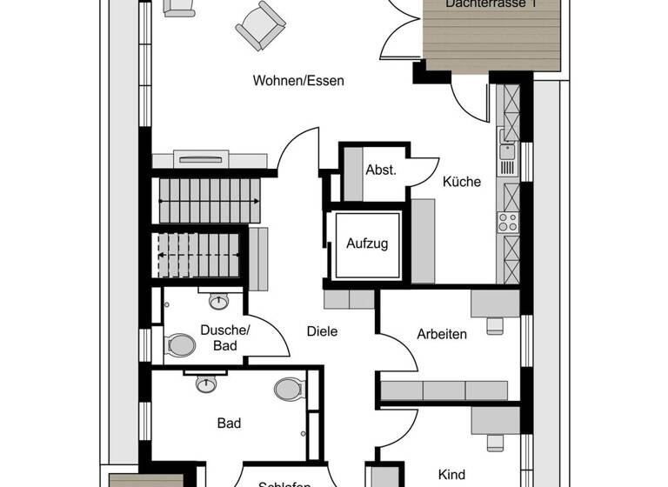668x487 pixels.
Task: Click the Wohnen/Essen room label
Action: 298,81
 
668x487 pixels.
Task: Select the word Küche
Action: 461,182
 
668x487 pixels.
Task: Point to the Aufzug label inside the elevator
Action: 366,243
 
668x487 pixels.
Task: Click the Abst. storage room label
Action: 381,170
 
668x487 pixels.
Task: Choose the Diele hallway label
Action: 322,331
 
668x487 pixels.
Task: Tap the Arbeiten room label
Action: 441,334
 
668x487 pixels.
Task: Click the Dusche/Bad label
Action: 225,337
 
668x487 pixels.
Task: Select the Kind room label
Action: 451,474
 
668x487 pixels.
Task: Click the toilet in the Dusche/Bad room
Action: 182,345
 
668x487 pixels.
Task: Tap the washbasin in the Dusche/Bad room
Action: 218,302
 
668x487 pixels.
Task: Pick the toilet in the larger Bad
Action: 288,388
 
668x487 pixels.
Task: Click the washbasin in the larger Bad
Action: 206,384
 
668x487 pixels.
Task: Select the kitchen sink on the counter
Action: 507,154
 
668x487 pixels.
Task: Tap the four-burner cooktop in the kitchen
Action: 507,222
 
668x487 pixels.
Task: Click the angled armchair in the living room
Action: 260,25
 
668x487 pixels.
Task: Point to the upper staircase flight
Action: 209,200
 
